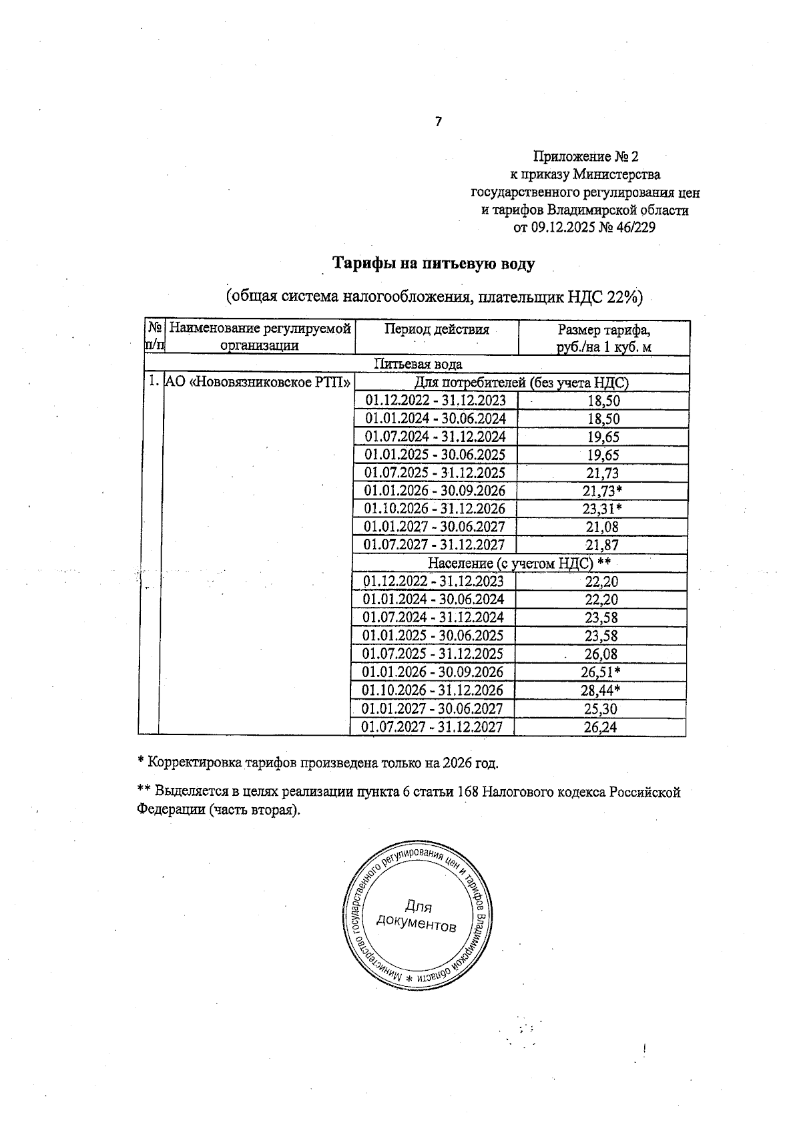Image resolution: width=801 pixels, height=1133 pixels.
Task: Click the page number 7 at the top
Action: point(439,122)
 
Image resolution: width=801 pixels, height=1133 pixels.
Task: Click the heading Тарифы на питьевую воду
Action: point(434,264)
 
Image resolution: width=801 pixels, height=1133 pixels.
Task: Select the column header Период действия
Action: point(437,329)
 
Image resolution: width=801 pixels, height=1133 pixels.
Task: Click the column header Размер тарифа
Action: point(603,330)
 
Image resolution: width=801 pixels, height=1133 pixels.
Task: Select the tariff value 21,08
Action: point(602,527)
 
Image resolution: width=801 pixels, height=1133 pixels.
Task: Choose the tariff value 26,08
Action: point(601,654)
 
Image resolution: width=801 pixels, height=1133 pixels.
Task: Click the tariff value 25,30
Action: point(601,709)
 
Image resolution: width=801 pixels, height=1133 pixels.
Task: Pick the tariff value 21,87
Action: point(602,545)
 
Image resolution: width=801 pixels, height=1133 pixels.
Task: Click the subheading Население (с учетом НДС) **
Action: point(519,563)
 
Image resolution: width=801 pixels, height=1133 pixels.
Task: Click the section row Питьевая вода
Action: point(418,365)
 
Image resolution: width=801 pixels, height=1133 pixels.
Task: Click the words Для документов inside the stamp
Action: point(417,917)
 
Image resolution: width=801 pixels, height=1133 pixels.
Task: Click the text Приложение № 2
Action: point(585,157)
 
